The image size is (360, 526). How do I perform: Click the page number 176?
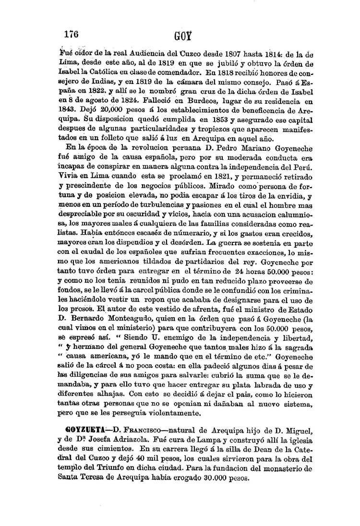click(72, 35)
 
